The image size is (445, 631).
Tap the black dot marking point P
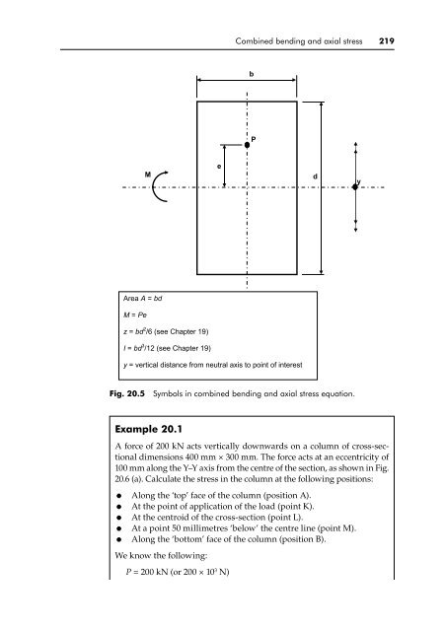point(247,144)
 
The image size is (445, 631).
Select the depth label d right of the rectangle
point(314,176)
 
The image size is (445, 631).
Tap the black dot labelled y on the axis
point(356,186)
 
